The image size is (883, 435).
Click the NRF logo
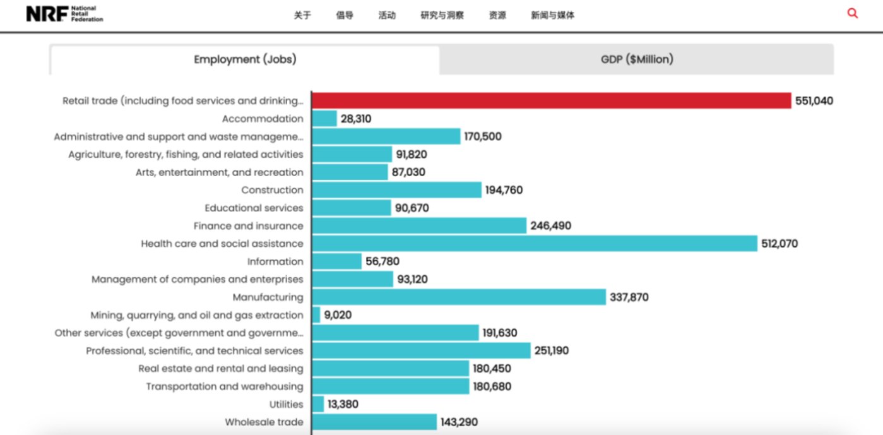[64, 14]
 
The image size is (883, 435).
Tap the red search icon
[853, 13]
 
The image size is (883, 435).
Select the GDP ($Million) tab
[636, 59]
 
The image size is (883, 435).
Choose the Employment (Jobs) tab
[245, 59]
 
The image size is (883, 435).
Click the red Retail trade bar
[551, 100]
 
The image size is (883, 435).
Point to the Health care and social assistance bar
[534, 244]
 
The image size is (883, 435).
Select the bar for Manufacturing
[459, 297]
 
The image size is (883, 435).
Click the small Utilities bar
[317, 404]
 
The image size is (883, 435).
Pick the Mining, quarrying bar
[316, 315]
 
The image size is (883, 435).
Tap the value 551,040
[814, 101]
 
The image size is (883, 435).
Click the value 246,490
[550, 225]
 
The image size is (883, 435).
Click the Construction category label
[272, 190]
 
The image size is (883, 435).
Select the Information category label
[275, 261]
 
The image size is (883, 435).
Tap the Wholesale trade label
[264, 422]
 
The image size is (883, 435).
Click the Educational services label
[254, 208]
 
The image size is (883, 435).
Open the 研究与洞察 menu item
[442, 15]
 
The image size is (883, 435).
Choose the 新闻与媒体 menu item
[553, 15]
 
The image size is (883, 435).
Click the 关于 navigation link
[302, 15]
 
